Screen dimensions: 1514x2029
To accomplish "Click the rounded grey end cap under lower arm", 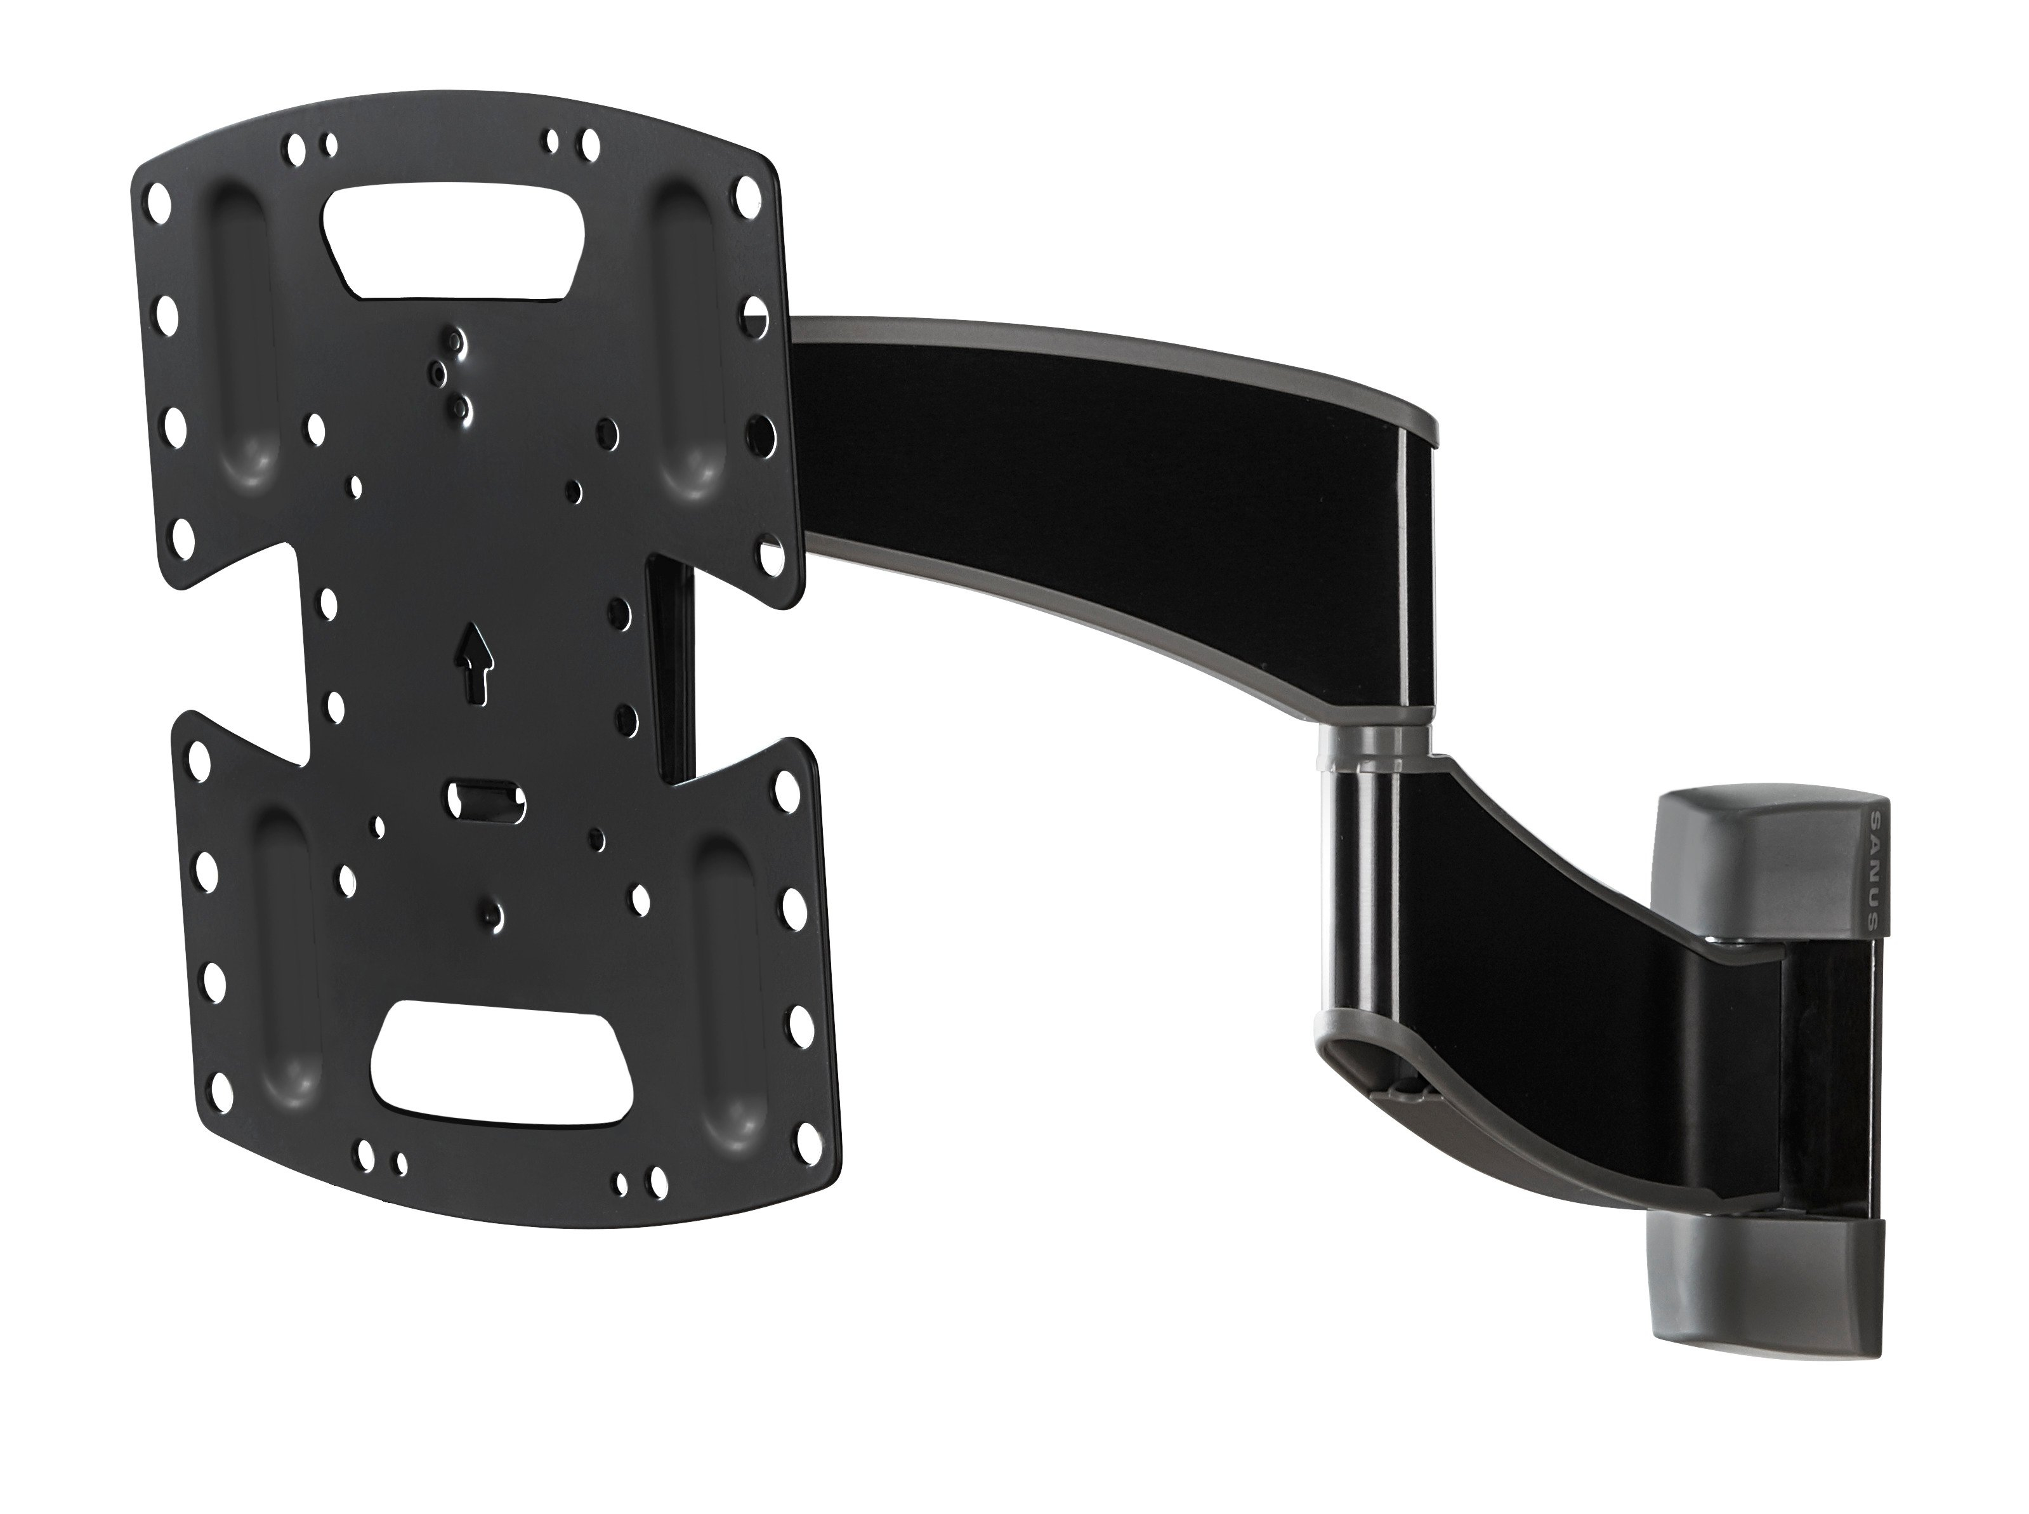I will [1374, 1068].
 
